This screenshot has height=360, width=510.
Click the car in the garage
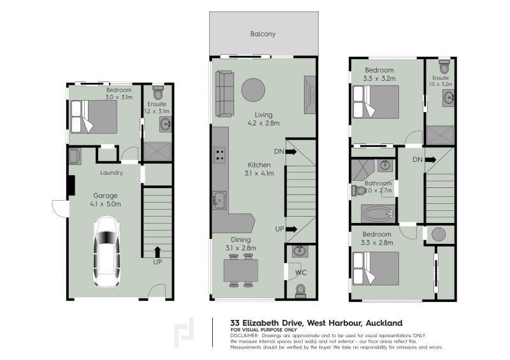coord(106,252)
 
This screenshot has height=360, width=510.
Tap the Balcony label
coord(263,34)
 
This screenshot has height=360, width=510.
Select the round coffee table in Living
coord(253,90)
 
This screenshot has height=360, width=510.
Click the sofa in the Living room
coord(225,94)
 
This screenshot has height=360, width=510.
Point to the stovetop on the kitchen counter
coord(219,155)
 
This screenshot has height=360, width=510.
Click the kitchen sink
coord(219,199)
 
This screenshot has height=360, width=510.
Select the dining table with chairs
coord(241,271)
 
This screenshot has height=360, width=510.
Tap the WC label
coord(301,273)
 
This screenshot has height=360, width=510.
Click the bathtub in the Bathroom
coord(378,214)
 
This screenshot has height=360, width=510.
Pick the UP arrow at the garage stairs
coord(157,252)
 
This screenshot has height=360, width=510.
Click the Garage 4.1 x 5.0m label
coord(105,199)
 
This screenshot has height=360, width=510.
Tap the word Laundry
coord(111,173)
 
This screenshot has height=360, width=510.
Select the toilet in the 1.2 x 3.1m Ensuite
coord(158,92)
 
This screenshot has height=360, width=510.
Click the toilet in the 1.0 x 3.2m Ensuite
coord(444,67)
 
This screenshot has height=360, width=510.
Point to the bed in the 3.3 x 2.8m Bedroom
coord(376,269)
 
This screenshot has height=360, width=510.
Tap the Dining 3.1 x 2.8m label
coord(241,244)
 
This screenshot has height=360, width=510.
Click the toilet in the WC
coord(300,291)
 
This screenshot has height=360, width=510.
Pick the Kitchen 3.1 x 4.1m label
coord(259,169)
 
